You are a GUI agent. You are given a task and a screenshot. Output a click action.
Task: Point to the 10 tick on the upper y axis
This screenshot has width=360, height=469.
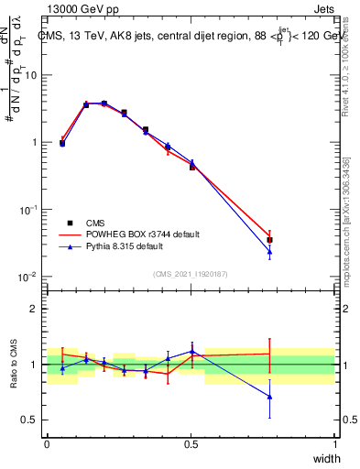[32, 75]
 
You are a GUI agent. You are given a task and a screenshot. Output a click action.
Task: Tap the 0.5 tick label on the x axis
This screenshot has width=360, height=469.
[191, 444]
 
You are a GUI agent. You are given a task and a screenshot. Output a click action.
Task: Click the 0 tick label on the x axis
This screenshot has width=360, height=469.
[47, 444]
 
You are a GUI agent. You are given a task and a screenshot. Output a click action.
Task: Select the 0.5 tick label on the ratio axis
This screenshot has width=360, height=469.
[32, 420]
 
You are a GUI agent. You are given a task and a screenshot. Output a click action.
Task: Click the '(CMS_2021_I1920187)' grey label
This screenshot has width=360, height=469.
[191, 273]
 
